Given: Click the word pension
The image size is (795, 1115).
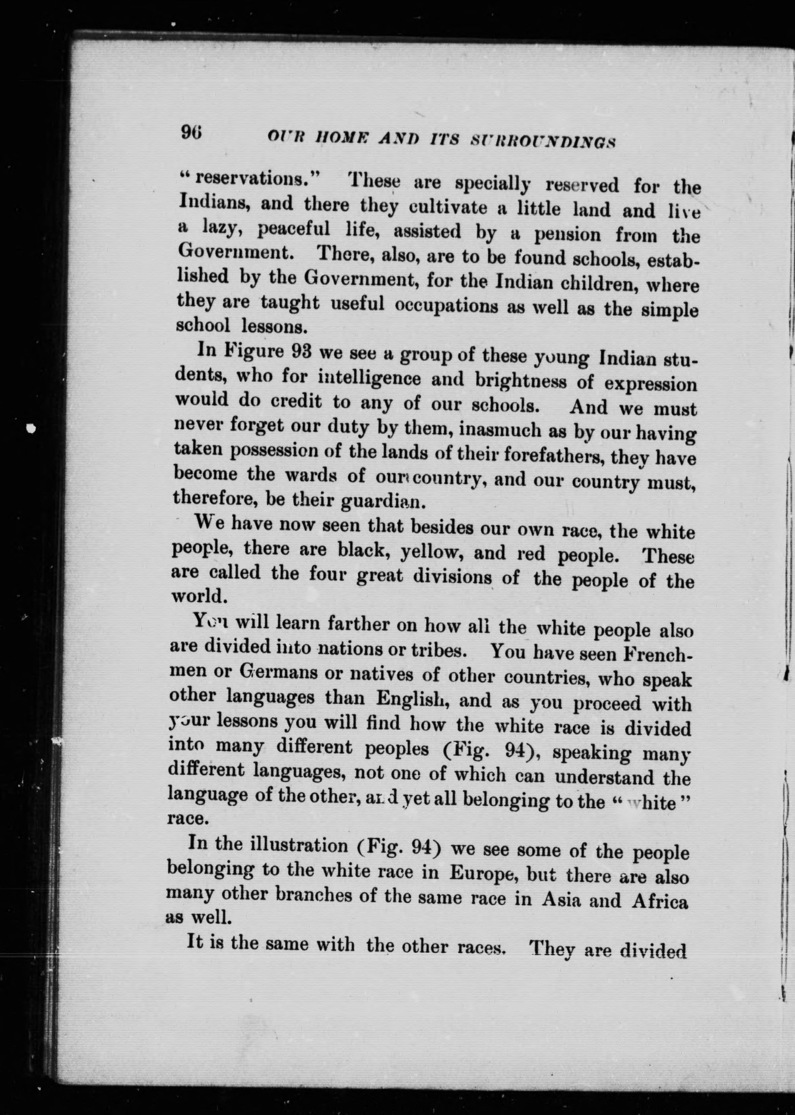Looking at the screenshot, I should (567, 235).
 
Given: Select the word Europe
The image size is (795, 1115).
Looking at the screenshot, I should (484, 874).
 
